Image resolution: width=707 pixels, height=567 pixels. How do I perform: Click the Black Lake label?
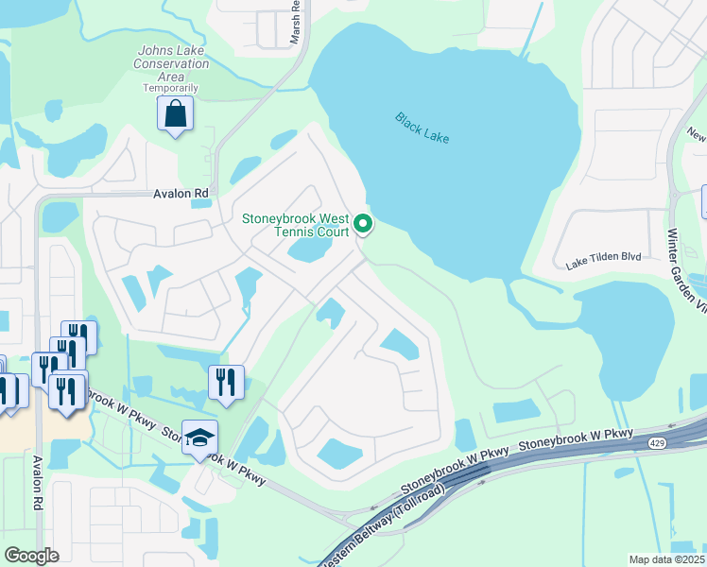[422, 129]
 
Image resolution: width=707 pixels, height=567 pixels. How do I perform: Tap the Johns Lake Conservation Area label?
[173, 63]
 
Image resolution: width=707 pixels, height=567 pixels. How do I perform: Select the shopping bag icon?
[175, 114]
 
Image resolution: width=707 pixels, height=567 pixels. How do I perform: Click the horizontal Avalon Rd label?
[181, 194]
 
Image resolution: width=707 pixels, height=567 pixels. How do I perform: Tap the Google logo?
[31, 556]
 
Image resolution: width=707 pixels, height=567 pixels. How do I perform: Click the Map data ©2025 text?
[665, 559]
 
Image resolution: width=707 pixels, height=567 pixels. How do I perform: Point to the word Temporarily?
[171, 88]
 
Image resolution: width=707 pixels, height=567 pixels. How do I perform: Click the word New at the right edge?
[698, 135]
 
